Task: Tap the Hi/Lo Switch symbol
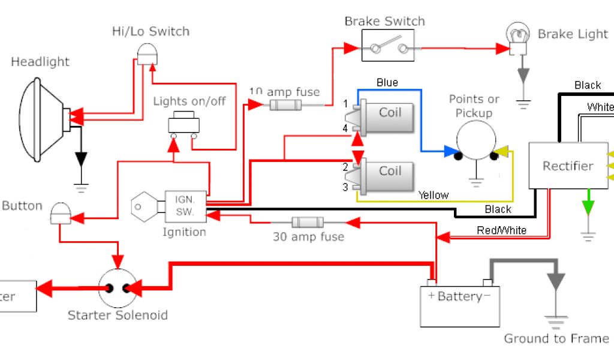(x=146, y=56)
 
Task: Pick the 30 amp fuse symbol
(x=307, y=222)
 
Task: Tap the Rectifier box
(x=567, y=166)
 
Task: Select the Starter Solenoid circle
(x=116, y=288)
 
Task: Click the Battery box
(x=460, y=305)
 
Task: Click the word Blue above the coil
(x=387, y=82)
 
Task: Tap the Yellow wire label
(x=433, y=195)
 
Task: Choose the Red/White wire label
(x=501, y=230)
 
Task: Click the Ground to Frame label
(x=556, y=339)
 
